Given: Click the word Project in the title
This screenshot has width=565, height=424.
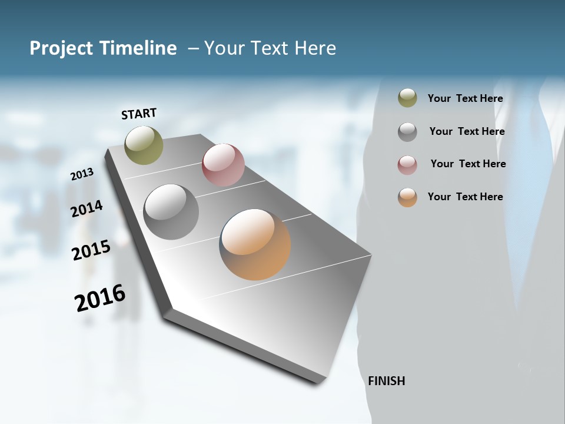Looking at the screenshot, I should coord(62,48).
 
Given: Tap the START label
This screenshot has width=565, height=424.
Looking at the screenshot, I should coord(139,114).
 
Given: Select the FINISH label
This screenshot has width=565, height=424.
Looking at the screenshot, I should coord(386,381).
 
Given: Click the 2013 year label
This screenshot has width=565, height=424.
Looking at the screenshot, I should coord(82,174).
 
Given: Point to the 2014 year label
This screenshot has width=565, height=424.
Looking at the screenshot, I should coord(87,208).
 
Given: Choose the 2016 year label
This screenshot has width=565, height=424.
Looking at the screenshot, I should coord(100,298).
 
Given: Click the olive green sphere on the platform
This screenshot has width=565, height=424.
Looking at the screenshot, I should coord(144,145).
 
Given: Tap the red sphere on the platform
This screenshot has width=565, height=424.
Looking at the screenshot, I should coord(223,164).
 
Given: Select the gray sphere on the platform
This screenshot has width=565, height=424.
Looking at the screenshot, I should coord(171,212).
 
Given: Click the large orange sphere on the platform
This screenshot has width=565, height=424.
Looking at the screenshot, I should coord(255,244).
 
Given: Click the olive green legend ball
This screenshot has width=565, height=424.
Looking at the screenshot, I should coord(407,98).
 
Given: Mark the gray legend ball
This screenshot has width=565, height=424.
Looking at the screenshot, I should coord(407,132).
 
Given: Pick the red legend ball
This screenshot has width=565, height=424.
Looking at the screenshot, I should coord(407,165).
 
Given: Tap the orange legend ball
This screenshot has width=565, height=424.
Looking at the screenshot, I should coord(407,197).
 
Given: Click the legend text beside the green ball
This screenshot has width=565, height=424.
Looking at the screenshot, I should coord(465,99).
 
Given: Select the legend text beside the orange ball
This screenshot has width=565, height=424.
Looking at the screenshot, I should coord(465,197).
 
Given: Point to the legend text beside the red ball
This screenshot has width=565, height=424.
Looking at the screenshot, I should coord(468,164).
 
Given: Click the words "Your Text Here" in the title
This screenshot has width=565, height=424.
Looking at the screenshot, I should coord(270,48).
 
